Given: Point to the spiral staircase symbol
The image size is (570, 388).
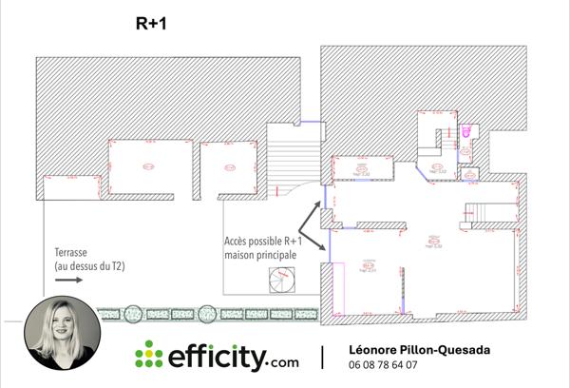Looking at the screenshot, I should [282, 281].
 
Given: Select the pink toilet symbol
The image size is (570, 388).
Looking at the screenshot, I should [465, 132].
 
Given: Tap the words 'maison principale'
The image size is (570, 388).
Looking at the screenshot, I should [260, 256].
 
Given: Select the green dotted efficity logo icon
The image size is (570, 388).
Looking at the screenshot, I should [149, 356].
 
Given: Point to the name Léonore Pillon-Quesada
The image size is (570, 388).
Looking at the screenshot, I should [420, 350].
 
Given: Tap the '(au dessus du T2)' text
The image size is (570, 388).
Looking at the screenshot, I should [83, 267].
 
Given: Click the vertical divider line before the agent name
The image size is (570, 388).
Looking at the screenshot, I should [323, 357].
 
